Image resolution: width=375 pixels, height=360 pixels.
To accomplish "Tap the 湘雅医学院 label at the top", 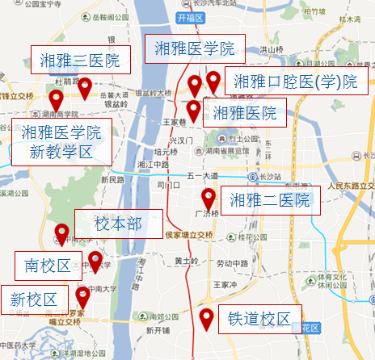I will click(x=194, y=48).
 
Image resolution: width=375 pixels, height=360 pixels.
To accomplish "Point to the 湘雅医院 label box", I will click(x=244, y=114).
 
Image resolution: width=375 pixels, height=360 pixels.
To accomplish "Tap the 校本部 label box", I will click(x=118, y=224).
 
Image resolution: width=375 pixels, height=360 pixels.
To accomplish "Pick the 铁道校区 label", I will click(x=259, y=318).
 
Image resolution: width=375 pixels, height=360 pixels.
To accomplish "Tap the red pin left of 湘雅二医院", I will click(x=209, y=198).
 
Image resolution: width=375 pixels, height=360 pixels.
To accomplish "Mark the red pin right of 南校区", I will click(x=95, y=261).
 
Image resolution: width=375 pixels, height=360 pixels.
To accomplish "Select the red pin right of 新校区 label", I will click(x=82, y=295).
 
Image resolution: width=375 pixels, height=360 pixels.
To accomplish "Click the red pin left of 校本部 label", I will click(x=61, y=234).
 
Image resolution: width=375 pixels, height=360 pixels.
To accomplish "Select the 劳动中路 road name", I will click(x=236, y=264).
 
